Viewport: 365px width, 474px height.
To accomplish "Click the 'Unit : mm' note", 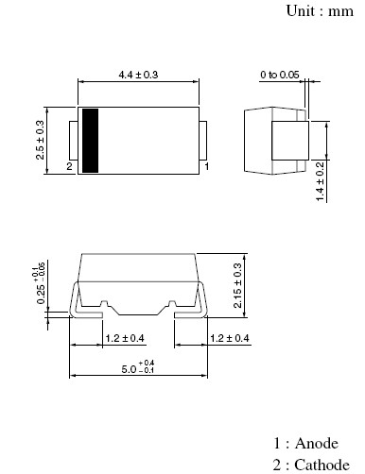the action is coord(320,11).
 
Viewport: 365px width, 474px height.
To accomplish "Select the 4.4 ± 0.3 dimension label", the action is coord(138,75).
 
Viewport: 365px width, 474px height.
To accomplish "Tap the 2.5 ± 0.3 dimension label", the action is coord(41,141).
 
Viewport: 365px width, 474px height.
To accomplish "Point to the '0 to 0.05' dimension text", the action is coord(280,75).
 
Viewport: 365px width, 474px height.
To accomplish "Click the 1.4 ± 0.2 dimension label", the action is coord(320,181).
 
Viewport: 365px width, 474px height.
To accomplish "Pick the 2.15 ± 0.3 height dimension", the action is coord(237,285).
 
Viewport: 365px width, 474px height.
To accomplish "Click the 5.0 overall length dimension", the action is coord(138,367).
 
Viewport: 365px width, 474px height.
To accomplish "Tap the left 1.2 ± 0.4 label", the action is coord(125,338).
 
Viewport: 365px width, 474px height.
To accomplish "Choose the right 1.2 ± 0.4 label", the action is coord(230,338).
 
